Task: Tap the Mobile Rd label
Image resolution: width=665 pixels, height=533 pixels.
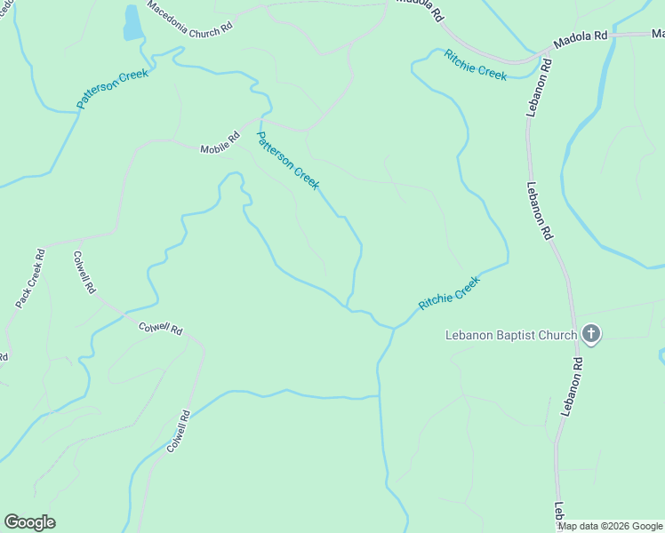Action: click(x=220, y=143)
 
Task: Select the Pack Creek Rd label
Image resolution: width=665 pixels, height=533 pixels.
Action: click(x=29, y=279)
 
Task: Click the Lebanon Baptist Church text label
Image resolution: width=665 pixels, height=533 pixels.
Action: click(x=511, y=335)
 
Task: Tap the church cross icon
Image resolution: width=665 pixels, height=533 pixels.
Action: click(x=591, y=334)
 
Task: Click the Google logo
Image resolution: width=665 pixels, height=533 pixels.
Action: click(x=29, y=522)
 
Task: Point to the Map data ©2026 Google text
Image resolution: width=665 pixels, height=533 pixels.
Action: click(x=611, y=526)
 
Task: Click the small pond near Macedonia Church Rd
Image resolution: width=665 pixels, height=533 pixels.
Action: click(x=132, y=23)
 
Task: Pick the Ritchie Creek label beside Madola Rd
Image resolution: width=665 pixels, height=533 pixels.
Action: click(x=476, y=65)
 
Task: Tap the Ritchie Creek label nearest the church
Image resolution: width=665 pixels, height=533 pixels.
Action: click(x=449, y=292)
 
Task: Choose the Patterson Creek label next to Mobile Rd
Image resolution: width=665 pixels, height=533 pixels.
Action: click(x=287, y=160)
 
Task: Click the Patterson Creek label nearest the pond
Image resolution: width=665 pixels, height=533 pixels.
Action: click(x=112, y=89)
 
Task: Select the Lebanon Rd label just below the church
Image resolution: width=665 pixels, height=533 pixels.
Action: click(x=572, y=386)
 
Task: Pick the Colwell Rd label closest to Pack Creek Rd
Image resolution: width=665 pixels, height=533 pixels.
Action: click(x=85, y=273)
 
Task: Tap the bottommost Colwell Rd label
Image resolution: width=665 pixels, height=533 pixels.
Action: click(x=178, y=431)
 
